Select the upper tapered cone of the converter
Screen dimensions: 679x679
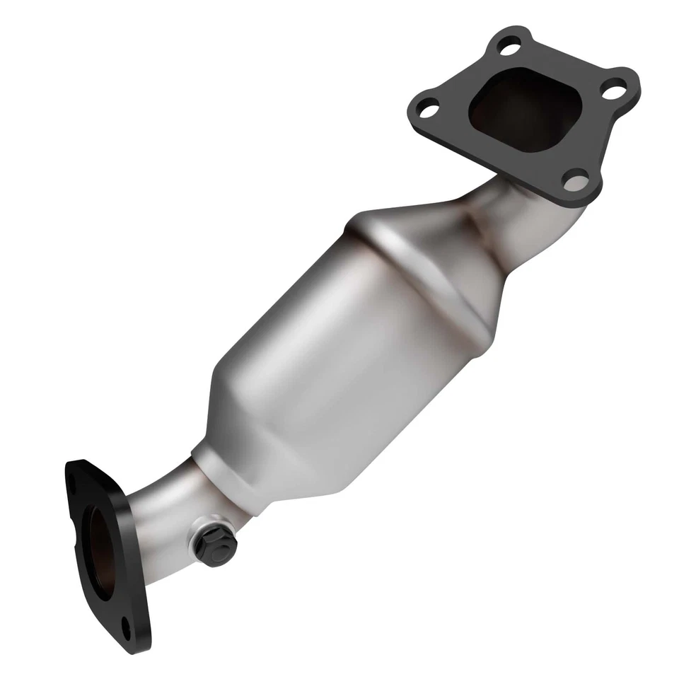coord(424,233)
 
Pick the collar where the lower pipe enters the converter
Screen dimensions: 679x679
coord(212,467)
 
